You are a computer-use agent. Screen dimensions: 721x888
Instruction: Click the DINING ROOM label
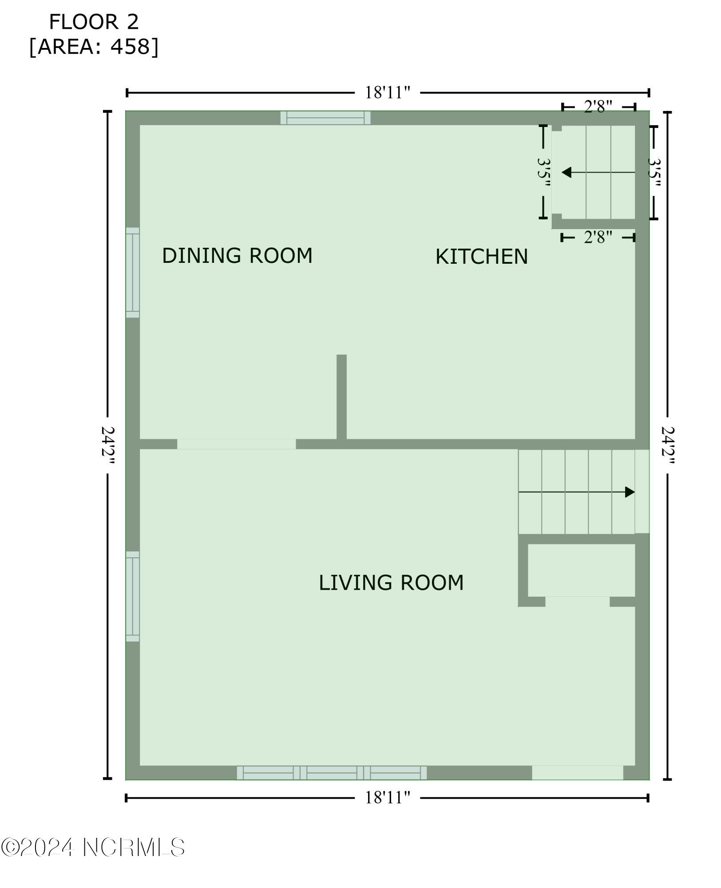point(237,256)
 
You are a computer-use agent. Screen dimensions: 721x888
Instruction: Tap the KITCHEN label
point(482,257)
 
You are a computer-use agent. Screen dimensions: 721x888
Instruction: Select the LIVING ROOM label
point(391,583)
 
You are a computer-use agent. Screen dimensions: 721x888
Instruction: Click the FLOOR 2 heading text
point(94,22)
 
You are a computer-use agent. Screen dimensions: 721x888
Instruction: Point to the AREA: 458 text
point(94,47)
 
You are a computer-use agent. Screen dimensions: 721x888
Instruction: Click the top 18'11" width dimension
point(387,93)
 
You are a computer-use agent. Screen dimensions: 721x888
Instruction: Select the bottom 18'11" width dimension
point(387,798)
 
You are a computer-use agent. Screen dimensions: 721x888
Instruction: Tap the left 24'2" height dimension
point(108,445)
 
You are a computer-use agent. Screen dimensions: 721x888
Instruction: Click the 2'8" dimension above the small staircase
point(598,107)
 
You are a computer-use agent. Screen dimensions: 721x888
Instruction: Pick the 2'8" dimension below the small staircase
point(598,238)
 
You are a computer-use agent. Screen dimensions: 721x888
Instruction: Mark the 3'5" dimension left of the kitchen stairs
point(543,172)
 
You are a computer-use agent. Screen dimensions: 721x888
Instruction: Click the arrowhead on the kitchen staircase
point(566,172)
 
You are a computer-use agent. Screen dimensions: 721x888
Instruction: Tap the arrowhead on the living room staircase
point(630,492)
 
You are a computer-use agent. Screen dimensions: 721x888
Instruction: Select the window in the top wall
point(325,118)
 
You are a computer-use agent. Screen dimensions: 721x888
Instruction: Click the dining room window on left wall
point(133,273)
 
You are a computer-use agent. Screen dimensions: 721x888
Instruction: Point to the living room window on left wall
point(133,596)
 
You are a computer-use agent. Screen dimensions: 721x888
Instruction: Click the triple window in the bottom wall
point(332,773)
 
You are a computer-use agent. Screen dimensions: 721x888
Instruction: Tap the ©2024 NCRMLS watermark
point(93,847)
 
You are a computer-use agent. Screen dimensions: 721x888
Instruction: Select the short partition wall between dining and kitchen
point(341,397)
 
